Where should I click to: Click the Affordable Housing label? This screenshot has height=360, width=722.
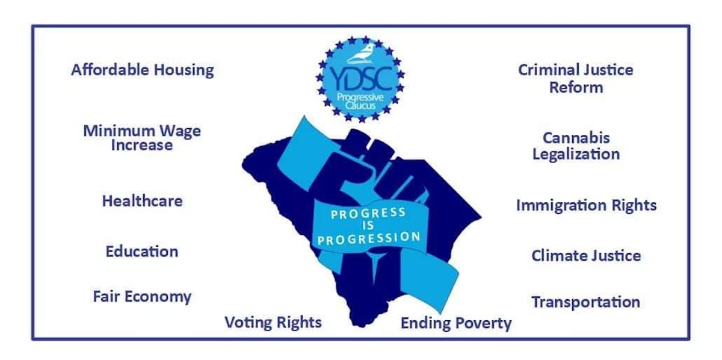[142, 70]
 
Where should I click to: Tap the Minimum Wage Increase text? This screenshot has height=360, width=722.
[142, 138]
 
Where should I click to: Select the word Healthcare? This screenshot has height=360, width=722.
[142, 200]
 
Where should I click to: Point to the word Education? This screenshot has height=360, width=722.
[142, 251]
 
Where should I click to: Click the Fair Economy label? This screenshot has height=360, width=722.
[142, 296]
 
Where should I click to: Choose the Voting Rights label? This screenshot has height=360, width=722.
[273, 322]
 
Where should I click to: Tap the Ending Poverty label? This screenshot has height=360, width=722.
[456, 323]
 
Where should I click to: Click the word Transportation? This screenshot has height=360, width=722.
[585, 302]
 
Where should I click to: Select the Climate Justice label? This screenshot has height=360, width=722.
[585, 255]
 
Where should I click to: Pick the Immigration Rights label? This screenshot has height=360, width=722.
[586, 205]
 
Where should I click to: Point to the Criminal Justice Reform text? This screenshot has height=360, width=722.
[576, 78]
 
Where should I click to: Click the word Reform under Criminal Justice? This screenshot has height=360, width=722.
[576, 87]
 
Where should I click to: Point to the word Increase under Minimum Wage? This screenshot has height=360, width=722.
[142, 145]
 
